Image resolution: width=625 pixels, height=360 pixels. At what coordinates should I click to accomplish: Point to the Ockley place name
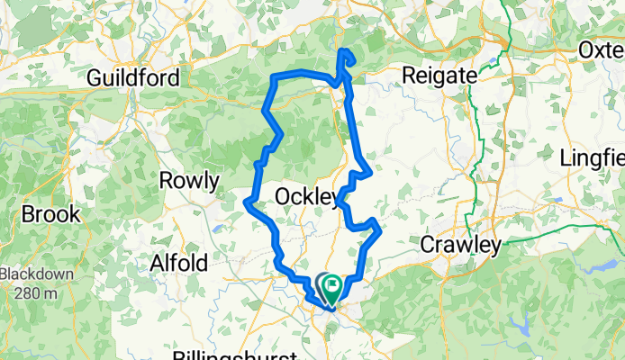pyautogui.click(x=306, y=196)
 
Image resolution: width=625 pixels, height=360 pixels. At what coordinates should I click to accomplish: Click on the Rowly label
pyautogui.click(x=189, y=182)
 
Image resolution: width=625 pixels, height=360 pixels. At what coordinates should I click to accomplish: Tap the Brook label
pyautogui.click(x=50, y=215)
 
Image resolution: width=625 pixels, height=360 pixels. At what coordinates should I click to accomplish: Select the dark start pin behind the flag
pyautogui.click(x=322, y=283)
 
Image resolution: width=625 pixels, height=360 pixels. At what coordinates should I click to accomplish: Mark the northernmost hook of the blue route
pyautogui.click(x=342, y=52)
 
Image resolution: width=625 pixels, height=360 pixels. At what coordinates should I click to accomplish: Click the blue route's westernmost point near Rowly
pyautogui.click(x=246, y=202)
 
